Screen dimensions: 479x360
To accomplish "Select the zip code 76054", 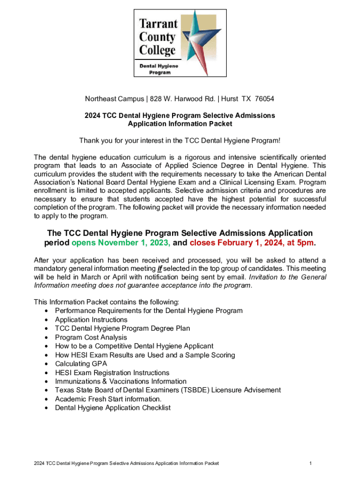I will pos(262,99).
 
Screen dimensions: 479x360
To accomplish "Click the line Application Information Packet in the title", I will pos(180,124).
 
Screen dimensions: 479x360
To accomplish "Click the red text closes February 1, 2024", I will pos(245,243).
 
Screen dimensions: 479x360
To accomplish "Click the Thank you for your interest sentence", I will pos(180,141).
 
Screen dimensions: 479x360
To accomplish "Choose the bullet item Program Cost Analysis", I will pos(91,337).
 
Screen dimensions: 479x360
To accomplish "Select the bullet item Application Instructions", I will pos(91,319).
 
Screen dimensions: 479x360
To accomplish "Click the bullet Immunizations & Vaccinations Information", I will pos(121,381).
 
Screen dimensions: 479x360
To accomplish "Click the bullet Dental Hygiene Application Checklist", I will pos(113,408).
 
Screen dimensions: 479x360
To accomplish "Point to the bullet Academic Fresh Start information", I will pos(108,399).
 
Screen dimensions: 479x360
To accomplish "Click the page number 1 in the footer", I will pos(310,463).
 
